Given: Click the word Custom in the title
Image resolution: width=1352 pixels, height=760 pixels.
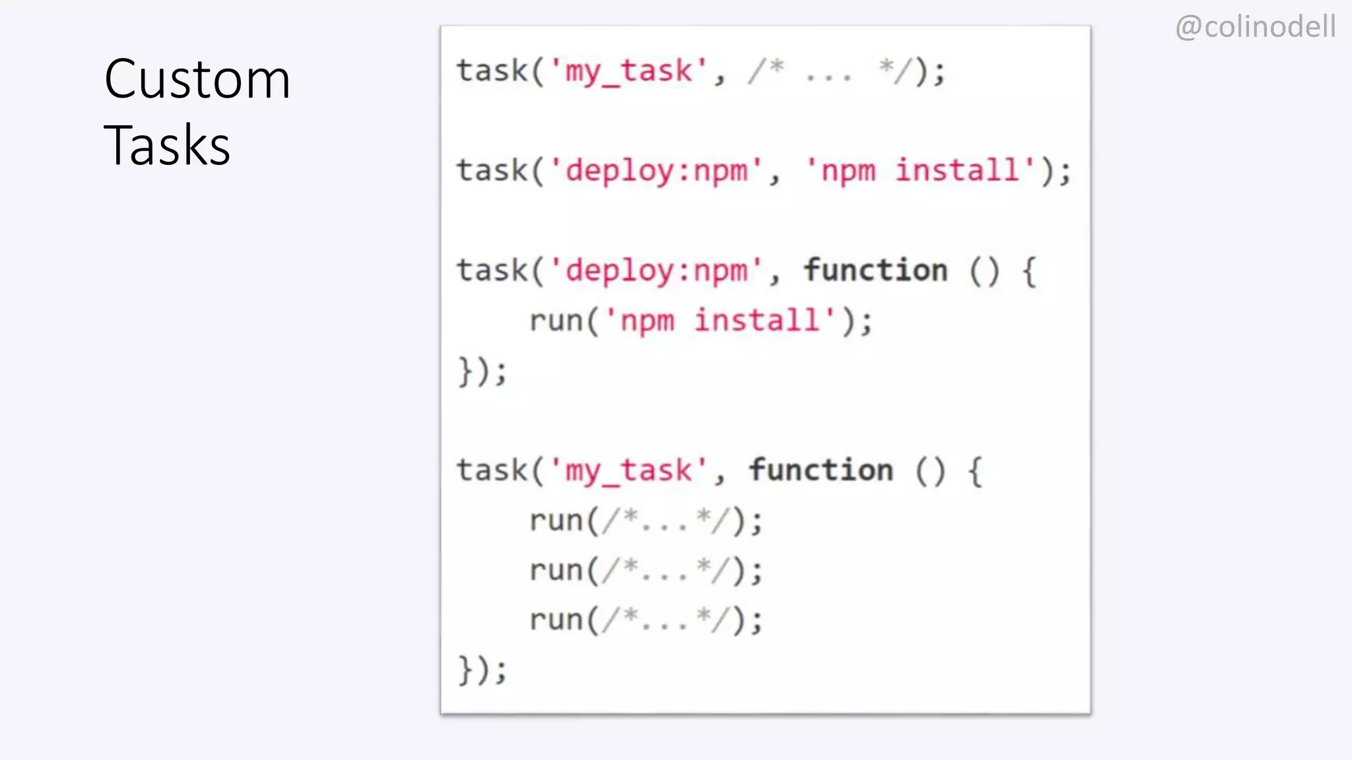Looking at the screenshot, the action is click(x=197, y=79).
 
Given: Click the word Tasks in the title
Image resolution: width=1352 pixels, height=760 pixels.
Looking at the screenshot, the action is click(x=167, y=145).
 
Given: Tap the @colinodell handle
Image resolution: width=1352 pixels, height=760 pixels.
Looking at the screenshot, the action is click(x=1256, y=27).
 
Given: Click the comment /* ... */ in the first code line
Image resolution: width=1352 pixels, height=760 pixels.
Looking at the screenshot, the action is click(x=830, y=71).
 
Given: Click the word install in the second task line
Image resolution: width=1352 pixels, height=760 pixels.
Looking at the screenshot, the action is click(x=957, y=171).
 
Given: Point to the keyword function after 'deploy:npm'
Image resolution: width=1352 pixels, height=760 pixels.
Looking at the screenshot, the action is click(x=875, y=270).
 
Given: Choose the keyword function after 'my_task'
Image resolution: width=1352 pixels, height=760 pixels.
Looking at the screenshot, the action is click(x=821, y=470).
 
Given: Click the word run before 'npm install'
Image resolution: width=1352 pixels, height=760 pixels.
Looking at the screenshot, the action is click(x=556, y=321).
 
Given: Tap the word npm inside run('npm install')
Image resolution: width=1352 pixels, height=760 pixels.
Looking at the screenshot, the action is click(x=648, y=321).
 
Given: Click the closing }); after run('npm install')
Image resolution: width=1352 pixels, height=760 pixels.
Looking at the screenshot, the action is click(x=483, y=371).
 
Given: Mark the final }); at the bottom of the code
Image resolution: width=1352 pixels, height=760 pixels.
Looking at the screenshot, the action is click(x=483, y=670).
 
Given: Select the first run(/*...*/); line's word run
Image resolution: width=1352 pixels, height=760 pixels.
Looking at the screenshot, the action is click(x=556, y=521).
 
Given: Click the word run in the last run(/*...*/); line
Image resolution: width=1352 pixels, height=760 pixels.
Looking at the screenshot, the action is click(x=556, y=620).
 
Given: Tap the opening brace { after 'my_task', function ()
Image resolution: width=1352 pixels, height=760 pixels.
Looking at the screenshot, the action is click(x=974, y=471).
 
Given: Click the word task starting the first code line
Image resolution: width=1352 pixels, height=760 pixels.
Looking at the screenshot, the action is click(x=492, y=71).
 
